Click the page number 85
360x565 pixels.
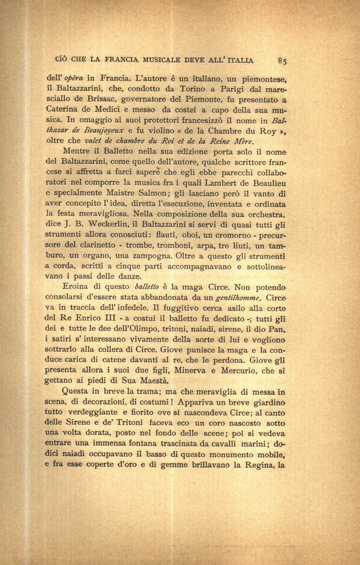tap(282, 61)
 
